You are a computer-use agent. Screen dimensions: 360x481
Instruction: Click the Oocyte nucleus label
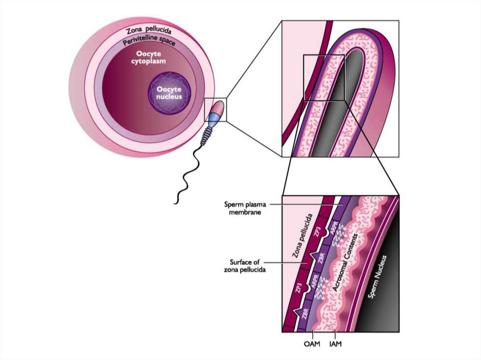coord(170,93)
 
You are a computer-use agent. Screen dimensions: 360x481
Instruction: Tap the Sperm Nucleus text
coord(378,277)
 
